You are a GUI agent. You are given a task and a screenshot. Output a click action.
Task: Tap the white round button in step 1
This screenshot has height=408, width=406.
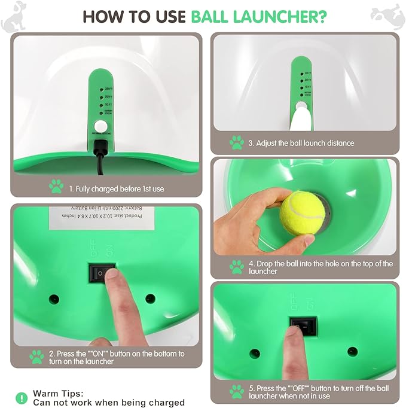[99, 127]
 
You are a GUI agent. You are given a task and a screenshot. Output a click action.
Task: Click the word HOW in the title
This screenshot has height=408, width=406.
[103, 16]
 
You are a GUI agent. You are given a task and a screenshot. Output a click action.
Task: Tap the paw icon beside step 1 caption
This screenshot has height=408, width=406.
[56, 187]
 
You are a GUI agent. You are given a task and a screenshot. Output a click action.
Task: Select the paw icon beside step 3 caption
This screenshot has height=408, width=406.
[236, 143]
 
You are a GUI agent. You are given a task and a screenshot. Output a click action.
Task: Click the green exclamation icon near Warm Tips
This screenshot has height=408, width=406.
[22, 397]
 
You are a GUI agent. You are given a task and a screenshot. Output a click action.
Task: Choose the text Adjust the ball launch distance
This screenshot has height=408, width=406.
[301, 143]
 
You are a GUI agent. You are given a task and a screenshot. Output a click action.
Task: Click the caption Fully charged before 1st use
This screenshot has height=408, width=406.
[116, 188]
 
